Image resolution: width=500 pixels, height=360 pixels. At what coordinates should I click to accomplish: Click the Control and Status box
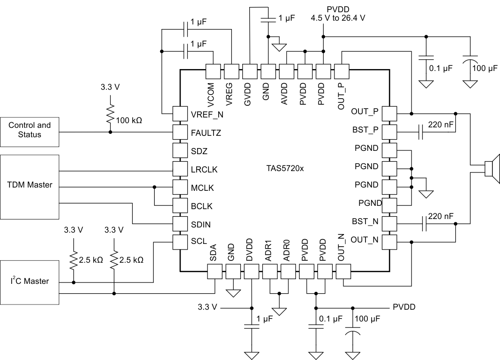coord(30,130)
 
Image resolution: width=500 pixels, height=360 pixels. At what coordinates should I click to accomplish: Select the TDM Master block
coord(30,185)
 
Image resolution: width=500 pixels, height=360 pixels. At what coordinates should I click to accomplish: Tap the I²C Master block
coord(30,282)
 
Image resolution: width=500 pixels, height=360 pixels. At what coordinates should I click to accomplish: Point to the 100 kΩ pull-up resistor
coord(111,113)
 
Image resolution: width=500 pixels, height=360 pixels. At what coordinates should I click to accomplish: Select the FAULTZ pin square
coord(180,133)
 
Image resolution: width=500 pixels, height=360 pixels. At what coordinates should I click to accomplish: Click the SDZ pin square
coord(180,151)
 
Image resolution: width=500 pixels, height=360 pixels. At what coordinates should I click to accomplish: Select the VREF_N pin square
coord(180,114)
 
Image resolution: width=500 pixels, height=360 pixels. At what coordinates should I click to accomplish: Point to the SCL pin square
coord(180,242)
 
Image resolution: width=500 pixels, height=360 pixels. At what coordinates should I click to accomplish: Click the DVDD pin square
coord(252,271)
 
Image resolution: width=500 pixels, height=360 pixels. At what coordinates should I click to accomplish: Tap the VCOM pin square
coord(214,71)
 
